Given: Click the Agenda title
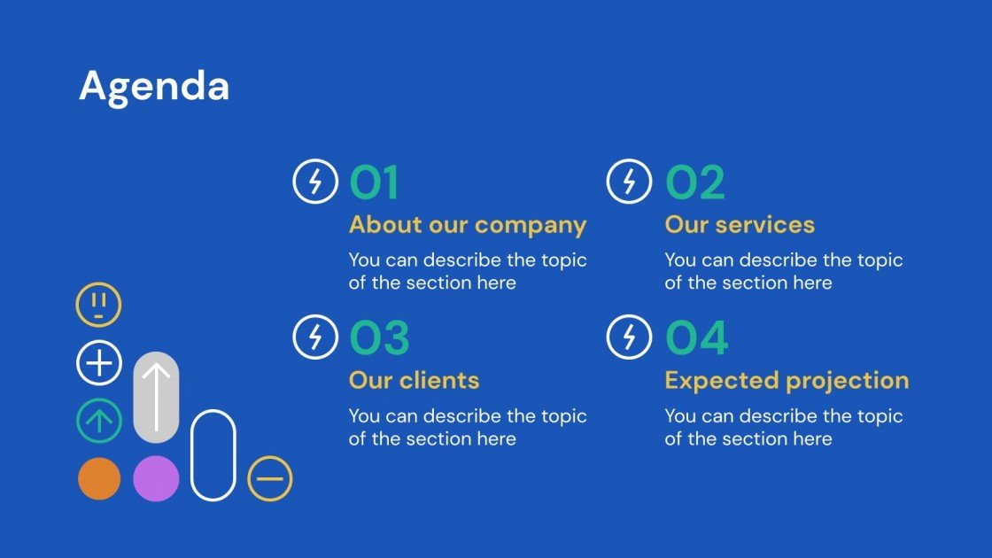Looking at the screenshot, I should click(154, 87).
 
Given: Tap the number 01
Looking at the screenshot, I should click(373, 183).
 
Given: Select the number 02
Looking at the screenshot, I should click(695, 183).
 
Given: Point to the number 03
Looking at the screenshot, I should click(379, 338).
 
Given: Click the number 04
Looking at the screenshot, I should click(697, 338).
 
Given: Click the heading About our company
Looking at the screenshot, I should click(467, 225).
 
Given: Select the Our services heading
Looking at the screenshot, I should click(740, 225).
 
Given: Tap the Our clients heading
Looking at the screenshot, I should click(414, 381).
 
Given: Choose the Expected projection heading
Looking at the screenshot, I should click(787, 381).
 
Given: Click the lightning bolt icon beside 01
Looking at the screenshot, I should click(314, 182).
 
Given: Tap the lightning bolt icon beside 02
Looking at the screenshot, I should click(629, 182).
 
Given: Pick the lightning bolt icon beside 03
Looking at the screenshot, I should click(314, 337).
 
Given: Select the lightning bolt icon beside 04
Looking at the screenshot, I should click(629, 337).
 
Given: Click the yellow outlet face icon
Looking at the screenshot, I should click(98, 305).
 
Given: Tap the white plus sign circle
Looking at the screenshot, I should click(98, 363).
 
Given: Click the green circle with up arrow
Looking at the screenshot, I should click(98, 421).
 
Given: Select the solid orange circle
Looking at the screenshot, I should click(98, 479).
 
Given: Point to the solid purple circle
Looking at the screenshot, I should click(156, 479).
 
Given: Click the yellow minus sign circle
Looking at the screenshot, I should click(269, 479).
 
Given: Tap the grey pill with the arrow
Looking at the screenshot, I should click(156, 397).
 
